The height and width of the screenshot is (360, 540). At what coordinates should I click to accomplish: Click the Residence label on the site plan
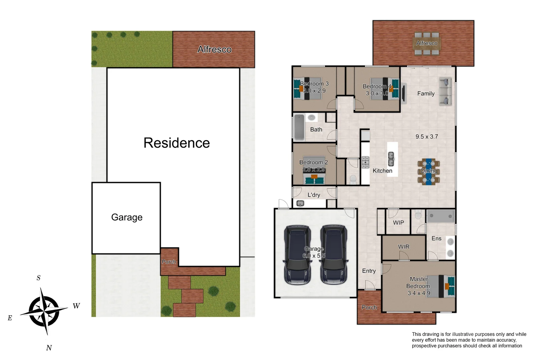point(177,143)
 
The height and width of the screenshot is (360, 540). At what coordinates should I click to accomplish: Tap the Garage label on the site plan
point(127,217)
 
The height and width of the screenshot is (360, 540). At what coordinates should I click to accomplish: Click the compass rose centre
point(44,311)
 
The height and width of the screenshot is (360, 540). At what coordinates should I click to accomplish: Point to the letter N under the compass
point(49,348)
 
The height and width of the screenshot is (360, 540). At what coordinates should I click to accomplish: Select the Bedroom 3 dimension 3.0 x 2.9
point(314,91)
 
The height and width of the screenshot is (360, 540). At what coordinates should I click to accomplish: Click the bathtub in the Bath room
point(299,127)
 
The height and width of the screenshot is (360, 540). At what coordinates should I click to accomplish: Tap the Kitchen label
point(382,171)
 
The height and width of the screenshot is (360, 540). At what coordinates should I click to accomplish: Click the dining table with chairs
point(428,171)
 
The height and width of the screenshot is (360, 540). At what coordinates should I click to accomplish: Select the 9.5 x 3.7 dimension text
point(427,137)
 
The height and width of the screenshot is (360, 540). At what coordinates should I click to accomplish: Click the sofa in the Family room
point(445,92)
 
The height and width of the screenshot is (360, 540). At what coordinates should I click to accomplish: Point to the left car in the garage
point(298,255)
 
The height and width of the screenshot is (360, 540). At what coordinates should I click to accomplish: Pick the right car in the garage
point(334,255)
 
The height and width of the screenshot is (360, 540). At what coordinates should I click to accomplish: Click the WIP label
point(398,223)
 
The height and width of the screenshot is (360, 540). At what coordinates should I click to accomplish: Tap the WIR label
point(404,247)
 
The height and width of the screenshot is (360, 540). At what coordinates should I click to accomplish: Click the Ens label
point(436,238)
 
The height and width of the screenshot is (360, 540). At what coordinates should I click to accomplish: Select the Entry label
point(369,271)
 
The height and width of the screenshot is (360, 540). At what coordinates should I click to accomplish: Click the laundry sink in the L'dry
point(300,203)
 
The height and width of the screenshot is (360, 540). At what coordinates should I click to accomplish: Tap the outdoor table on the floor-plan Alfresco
point(427,43)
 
